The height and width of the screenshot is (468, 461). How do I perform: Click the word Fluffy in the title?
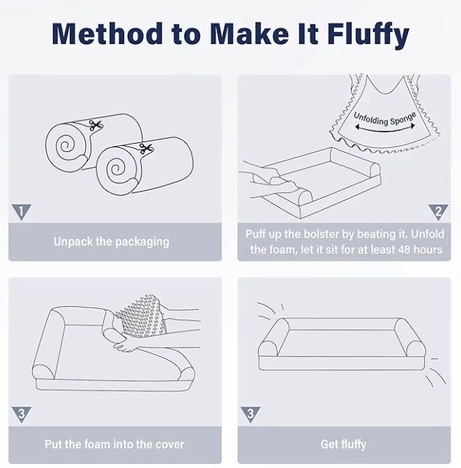pos(368,34)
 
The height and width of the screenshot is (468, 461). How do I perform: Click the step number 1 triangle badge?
pos(21,212)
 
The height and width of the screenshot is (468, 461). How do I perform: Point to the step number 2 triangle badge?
pos(438,212)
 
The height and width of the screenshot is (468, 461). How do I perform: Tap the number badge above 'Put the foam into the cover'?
pos(21,414)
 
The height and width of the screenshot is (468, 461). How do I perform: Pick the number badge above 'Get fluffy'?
pos(250,414)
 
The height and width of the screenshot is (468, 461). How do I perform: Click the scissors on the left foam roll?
pos(96,126)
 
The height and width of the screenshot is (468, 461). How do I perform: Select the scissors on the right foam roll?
pos(146,149)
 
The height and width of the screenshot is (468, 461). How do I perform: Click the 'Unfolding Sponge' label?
pos(384,119)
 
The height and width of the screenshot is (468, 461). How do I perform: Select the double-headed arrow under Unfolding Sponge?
pos(385,130)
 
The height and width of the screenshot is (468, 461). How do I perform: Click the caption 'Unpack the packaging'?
pos(112,242)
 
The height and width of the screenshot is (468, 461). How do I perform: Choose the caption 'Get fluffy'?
pos(343,444)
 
